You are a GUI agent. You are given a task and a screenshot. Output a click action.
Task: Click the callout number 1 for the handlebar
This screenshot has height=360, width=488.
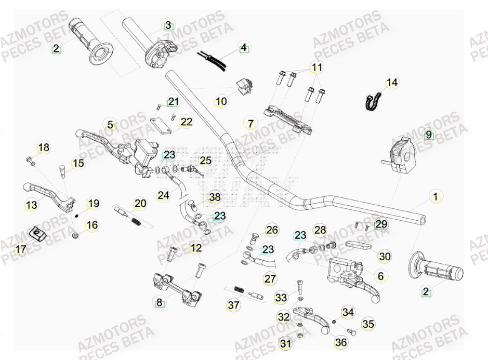point(436,197)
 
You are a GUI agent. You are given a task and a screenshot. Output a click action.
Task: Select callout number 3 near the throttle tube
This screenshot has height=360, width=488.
point(168,25)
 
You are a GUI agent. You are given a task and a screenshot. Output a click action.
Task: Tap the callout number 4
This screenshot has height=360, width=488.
point(243,48)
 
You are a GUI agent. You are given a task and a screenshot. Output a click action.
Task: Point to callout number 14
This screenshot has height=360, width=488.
point(391,83)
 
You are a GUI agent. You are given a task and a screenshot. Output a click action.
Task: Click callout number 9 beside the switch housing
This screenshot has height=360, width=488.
point(428,135)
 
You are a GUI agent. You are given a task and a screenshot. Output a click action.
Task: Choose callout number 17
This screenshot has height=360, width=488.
point(20,250)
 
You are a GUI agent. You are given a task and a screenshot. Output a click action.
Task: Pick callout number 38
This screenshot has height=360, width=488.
point(215,197)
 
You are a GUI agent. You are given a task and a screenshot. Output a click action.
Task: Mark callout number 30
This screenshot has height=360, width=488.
point(385,256)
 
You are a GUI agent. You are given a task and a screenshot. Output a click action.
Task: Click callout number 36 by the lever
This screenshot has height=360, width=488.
point(341,342)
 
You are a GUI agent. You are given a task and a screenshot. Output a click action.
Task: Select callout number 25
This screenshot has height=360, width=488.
point(206,161)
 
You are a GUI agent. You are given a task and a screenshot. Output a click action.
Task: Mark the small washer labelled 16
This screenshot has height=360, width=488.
point(76,236)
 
